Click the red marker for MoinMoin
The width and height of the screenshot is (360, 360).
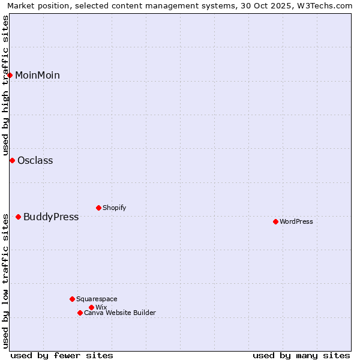click(x=10, y=75)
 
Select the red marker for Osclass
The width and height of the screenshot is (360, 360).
click(x=12, y=160)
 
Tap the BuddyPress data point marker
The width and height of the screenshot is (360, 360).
click(x=18, y=217)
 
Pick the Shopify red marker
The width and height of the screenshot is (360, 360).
click(x=98, y=208)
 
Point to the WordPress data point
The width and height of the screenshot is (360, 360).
click(x=275, y=221)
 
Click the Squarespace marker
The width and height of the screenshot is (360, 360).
click(x=72, y=299)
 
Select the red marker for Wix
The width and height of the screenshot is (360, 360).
click(x=91, y=307)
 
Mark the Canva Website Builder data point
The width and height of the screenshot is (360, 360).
click(x=80, y=313)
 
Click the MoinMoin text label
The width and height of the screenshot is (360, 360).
click(x=37, y=75)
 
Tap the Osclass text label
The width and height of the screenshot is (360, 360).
click(x=35, y=160)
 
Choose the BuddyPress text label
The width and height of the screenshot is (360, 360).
click(x=51, y=217)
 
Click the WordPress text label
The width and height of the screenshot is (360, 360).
click(x=296, y=221)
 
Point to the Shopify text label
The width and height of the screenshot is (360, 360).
click(x=114, y=208)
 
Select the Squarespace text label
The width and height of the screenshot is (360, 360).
click(x=97, y=299)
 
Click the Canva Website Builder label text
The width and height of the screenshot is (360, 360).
click(x=120, y=313)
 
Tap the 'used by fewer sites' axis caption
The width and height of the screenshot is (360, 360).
click(x=62, y=355)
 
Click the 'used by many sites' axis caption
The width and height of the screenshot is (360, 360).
click(x=301, y=355)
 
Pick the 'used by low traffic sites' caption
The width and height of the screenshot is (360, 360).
click(x=5, y=280)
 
